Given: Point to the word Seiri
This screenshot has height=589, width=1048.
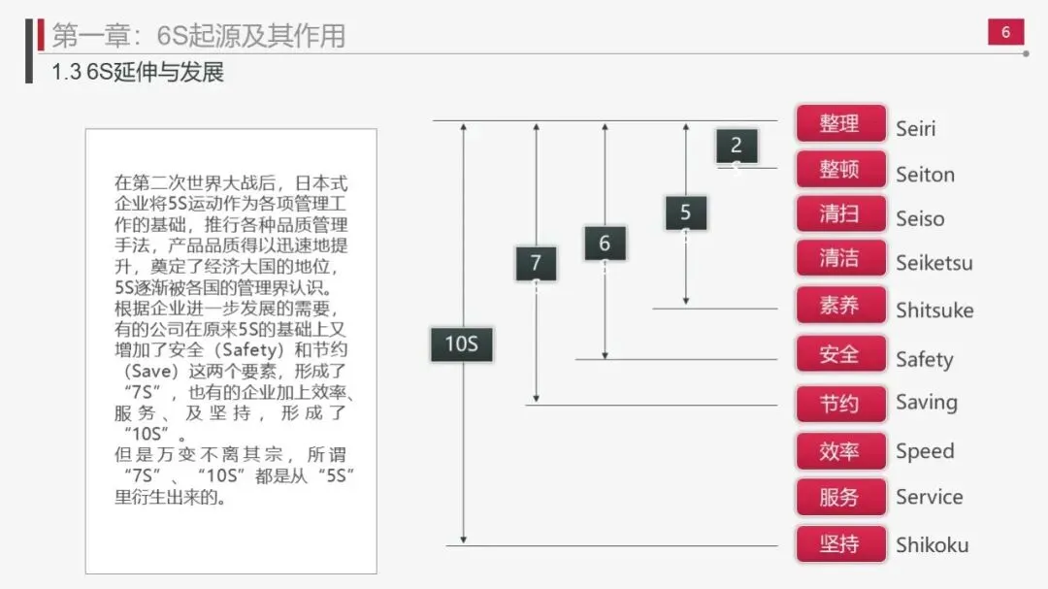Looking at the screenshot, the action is point(915,128).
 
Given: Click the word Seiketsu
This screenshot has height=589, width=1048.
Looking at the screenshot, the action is point(933,262).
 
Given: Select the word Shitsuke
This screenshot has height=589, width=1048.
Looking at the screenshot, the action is point(933,311).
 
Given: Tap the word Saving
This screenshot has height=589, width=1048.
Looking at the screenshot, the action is point(926,403).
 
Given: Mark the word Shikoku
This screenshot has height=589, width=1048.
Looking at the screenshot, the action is point(932,544).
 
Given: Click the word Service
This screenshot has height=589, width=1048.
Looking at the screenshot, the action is point(929,497).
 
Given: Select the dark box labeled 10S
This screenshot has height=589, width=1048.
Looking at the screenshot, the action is point(462,344).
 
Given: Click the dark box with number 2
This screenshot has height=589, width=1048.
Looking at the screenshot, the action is point(737,146).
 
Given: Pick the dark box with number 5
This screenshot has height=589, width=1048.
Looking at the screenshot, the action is point(686,213).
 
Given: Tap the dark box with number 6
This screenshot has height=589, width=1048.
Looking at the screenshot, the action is point(605,243).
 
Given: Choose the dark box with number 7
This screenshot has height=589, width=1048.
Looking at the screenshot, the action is point(536,262).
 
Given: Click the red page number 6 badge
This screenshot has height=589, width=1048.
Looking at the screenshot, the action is point(1005,32).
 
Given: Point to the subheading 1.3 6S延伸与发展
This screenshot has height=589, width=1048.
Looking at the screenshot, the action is point(138,73).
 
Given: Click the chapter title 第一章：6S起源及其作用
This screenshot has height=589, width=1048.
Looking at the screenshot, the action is point(198,35).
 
